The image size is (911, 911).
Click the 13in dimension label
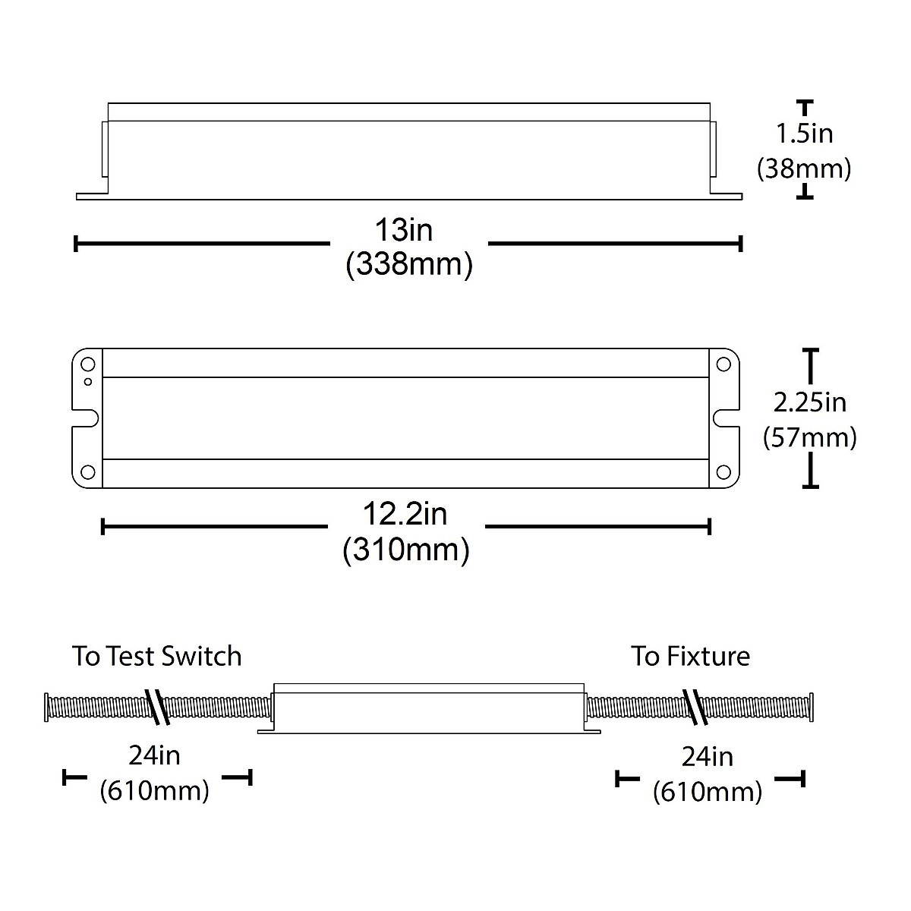404,230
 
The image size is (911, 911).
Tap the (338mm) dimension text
409,264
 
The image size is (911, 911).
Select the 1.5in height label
805,134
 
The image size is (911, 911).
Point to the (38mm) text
804,169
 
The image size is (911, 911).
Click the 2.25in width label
810,403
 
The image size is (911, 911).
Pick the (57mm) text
810,437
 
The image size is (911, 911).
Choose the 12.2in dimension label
405,515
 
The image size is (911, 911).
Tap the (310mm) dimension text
406,550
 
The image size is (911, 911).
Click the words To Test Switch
157,656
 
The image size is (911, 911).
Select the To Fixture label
691,656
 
